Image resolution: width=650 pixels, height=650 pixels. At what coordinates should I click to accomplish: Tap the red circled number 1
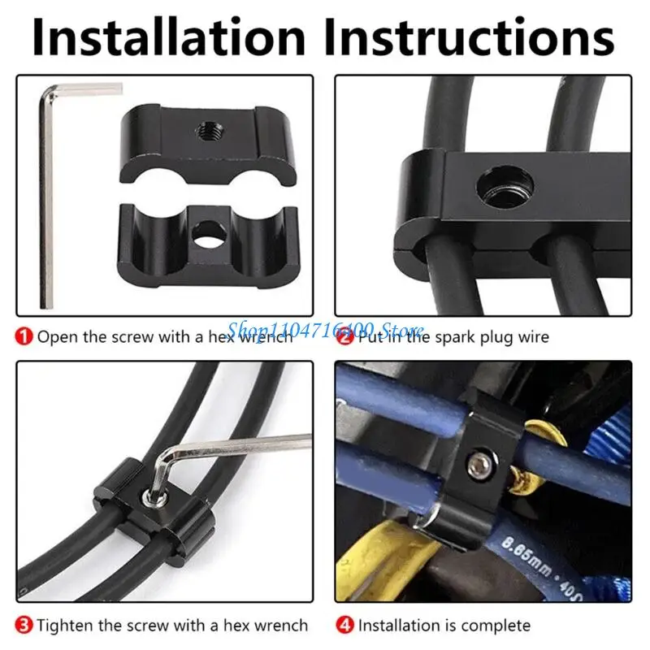pos(26,336)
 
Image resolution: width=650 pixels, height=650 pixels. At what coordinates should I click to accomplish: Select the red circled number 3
pos(26,625)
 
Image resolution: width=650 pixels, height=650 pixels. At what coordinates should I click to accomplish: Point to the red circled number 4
pos(345,625)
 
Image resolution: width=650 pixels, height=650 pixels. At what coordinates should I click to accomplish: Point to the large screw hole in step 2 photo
pos(505,186)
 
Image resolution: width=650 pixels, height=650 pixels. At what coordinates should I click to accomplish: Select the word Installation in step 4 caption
pos(396,626)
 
